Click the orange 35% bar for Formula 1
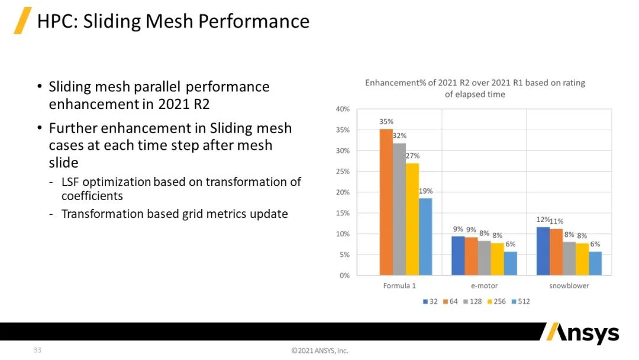tap(386, 202)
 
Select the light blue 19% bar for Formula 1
tap(425, 237)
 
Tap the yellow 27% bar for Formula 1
tap(412, 219)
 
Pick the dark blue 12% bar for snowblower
tap(543, 251)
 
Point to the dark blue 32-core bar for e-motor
tap(458, 256)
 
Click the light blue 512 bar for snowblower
tap(595, 263)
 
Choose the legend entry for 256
tap(496, 301)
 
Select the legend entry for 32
tap(430, 301)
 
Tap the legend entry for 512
tap(520, 301)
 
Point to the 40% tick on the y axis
tap(343, 109)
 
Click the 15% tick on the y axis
tap(343, 213)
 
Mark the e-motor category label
tap(484, 286)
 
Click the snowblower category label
tap(569, 286)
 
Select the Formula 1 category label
tap(399, 286)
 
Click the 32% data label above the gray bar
tap(399, 136)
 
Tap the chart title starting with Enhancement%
tap(475, 88)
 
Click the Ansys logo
tap(581, 333)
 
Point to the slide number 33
tap(37, 350)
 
